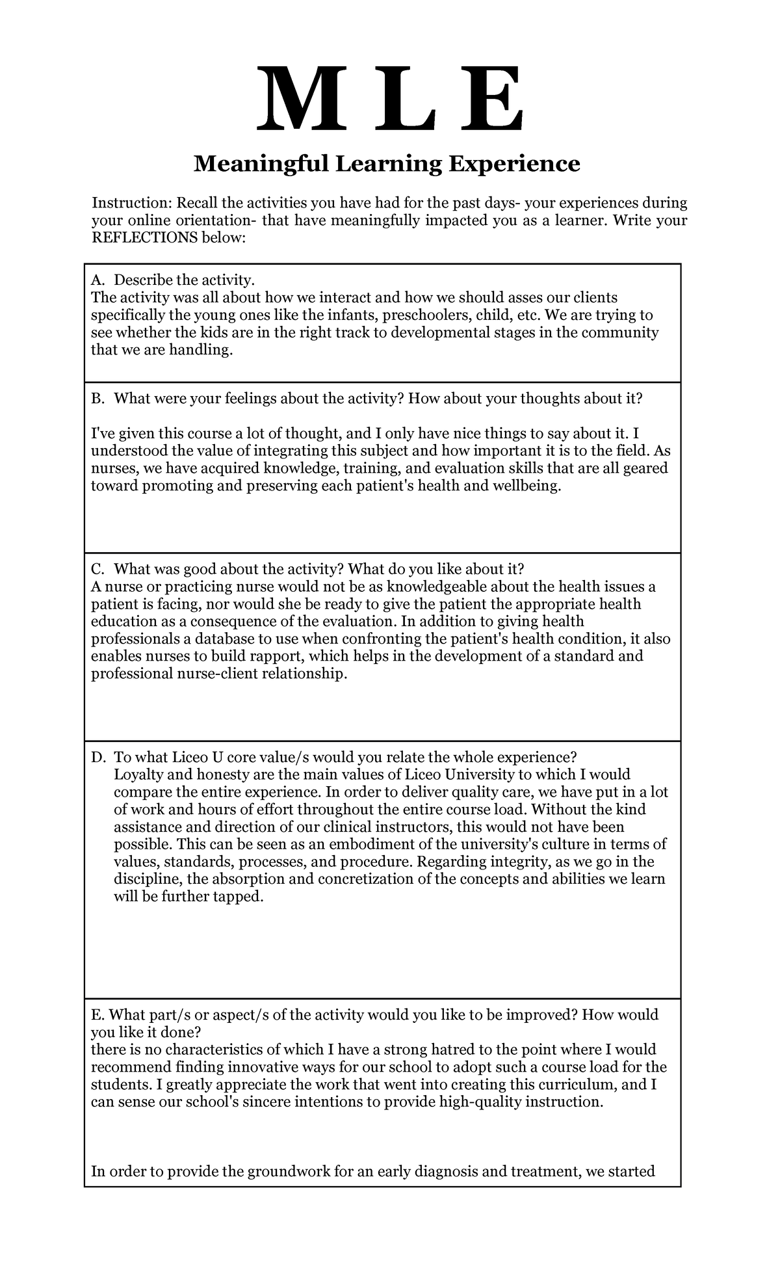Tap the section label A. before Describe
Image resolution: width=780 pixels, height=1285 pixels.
pos(97,280)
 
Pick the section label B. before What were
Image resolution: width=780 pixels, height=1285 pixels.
pos(97,399)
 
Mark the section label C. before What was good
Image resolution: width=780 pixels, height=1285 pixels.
pos(97,569)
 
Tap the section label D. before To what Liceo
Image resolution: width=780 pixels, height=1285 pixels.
pos(98,758)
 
